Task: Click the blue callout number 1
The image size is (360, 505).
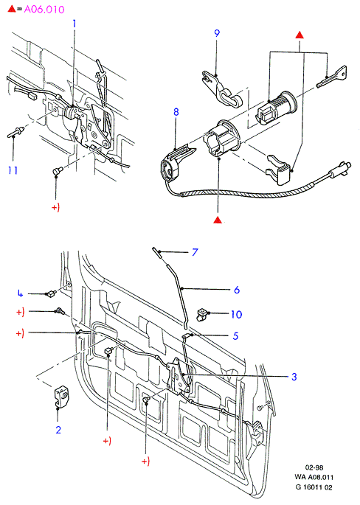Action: click(75, 24)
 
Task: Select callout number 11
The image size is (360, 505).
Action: click(13, 170)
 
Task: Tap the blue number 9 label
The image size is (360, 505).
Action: click(217, 33)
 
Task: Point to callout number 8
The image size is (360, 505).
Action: click(176, 112)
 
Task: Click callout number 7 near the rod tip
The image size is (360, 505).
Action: click(195, 252)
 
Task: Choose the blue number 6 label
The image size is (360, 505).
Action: click(237, 290)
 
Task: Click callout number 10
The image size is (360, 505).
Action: click(236, 314)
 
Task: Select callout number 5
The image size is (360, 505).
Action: click(235, 336)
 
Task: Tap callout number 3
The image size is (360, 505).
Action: click(294, 377)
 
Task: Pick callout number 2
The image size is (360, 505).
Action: click(58, 430)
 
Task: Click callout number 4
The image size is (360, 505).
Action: click(21, 293)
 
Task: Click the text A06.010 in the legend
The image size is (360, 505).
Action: click(44, 10)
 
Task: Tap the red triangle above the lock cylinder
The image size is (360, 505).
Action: click(300, 35)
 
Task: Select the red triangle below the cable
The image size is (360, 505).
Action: click(218, 220)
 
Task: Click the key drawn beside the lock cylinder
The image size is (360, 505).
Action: click(332, 77)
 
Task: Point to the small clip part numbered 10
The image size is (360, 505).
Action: click(202, 314)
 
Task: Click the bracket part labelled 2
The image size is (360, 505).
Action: click(61, 397)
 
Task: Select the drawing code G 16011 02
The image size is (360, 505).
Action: click(314, 487)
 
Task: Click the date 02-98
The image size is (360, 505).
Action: click(314, 467)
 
